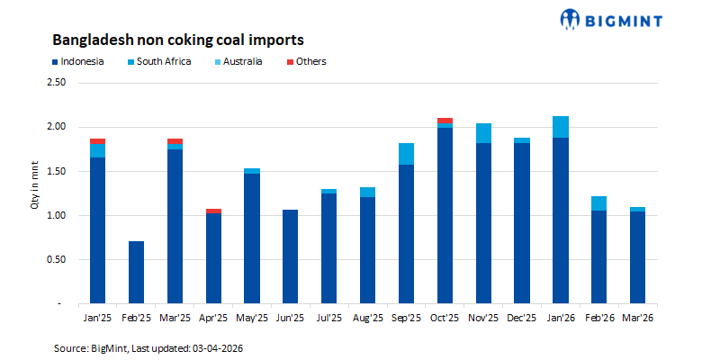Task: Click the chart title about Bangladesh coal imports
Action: click(x=178, y=40)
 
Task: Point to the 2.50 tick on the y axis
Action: click(x=56, y=82)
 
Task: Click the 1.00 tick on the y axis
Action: click(x=56, y=216)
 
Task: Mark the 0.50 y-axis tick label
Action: click(x=56, y=260)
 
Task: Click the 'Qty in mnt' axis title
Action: click(x=34, y=193)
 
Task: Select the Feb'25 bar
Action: click(x=136, y=273)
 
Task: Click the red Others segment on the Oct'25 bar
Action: click(x=445, y=121)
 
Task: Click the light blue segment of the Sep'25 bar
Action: click(x=406, y=154)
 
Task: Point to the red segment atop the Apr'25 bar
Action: click(x=213, y=211)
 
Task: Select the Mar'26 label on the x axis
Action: click(x=637, y=318)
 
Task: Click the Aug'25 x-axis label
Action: click(x=367, y=318)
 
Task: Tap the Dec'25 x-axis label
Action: click(x=521, y=318)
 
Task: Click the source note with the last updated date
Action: click(x=149, y=346)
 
